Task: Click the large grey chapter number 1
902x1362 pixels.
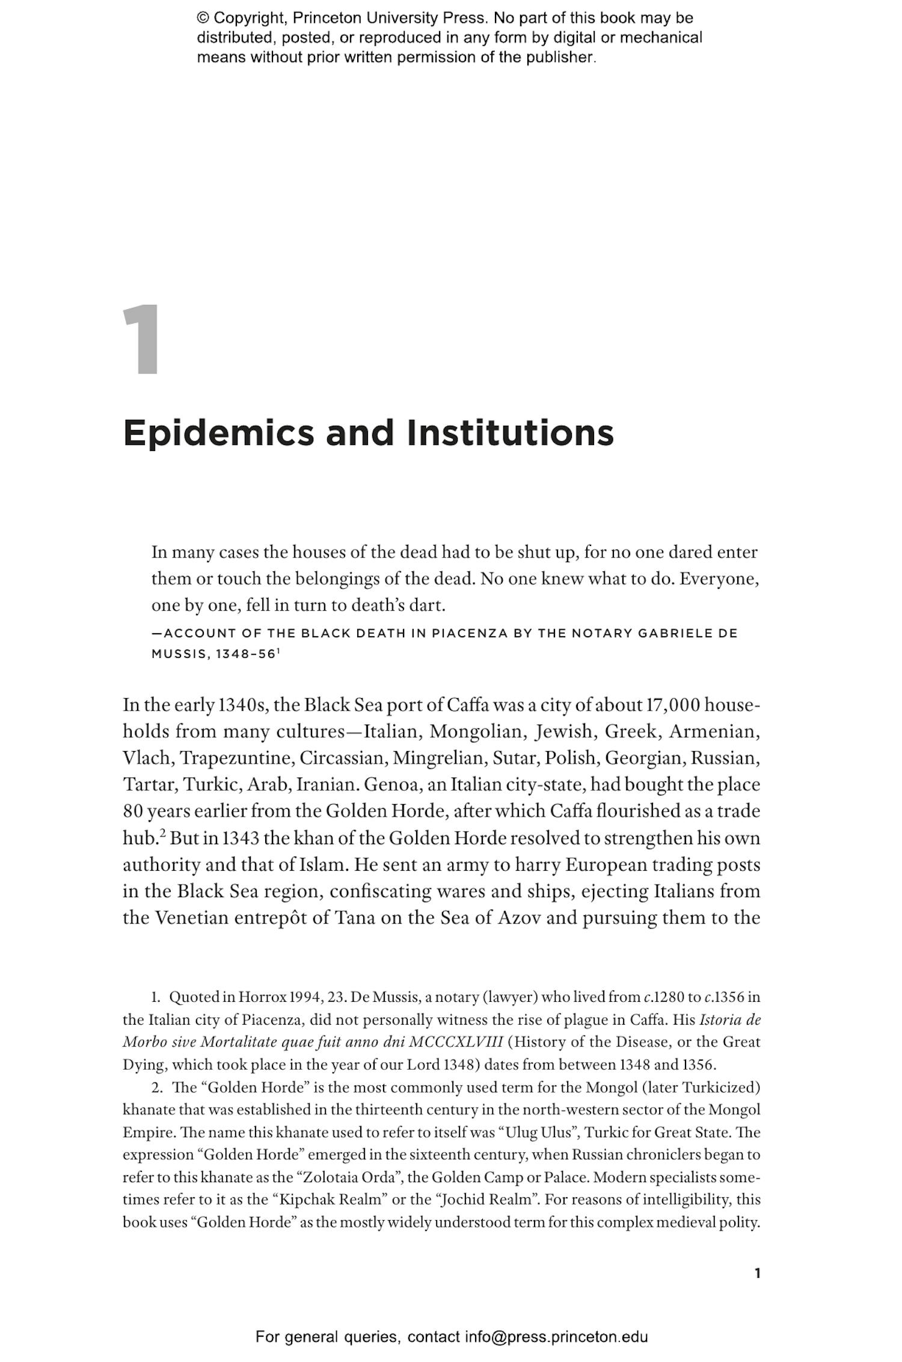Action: click(x=142, y=340)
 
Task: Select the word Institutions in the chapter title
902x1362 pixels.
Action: click(x=510, y=433)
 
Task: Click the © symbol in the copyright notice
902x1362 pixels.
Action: click(x=203, y=19)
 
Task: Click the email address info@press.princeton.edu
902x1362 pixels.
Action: click(x=556, y=1337)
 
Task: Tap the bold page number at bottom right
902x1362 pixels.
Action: click(x=757, y=1273)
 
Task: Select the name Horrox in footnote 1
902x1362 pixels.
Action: click(x=262, y=997)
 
